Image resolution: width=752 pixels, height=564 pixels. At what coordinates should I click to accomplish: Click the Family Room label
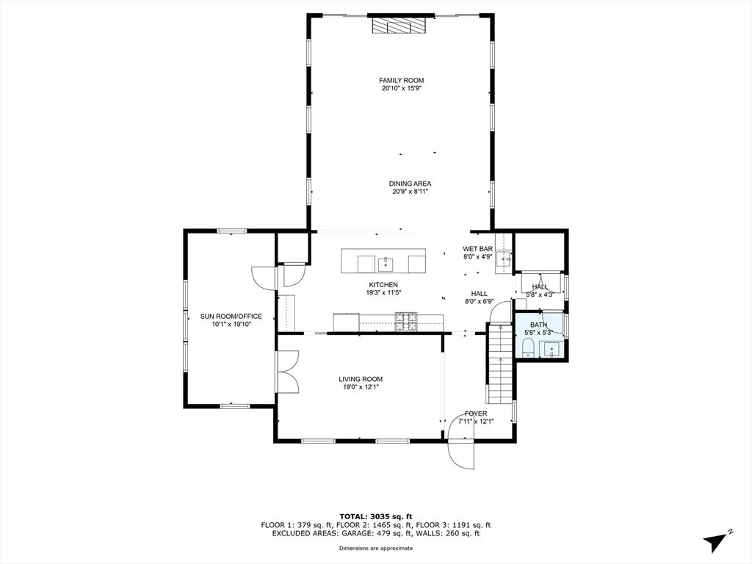(402, 81)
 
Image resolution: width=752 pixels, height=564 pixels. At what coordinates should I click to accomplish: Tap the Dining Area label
(410, 183)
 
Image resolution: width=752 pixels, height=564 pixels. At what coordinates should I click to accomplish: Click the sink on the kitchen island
(386, 264)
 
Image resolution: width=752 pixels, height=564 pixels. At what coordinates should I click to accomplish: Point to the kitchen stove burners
(405, 322)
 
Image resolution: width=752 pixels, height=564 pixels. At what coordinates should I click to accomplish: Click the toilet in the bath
(527, 347)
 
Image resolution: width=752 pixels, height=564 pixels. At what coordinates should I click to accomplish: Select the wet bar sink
(503, 259)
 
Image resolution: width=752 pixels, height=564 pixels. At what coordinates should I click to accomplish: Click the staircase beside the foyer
(501, 364)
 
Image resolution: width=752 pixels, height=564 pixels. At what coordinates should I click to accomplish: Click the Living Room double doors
(287, 372)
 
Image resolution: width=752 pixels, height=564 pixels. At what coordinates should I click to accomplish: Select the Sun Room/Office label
(231, 316)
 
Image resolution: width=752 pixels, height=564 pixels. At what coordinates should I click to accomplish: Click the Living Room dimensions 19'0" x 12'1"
(361, 387)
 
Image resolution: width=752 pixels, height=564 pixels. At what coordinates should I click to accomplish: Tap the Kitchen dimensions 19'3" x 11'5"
(383, 292)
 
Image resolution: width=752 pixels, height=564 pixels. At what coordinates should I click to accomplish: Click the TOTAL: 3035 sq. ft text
(376, 516)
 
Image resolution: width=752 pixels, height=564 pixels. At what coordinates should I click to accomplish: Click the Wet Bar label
(477, 248)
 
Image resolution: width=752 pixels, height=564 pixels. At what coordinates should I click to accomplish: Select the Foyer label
(476, 413)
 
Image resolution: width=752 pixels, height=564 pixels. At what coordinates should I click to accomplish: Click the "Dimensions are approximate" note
(376, 548)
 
